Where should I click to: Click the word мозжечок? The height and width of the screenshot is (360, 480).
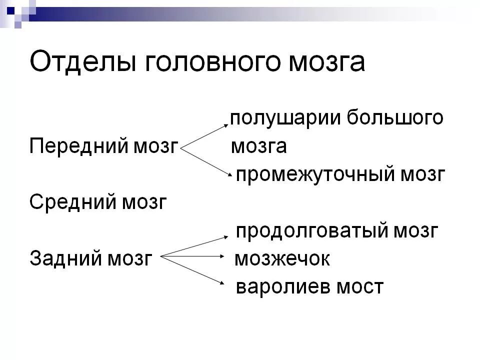pyautogui.click(x=282, y=259)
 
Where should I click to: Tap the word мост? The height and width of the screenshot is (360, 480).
pyautogui.click(x=359, y=287)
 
